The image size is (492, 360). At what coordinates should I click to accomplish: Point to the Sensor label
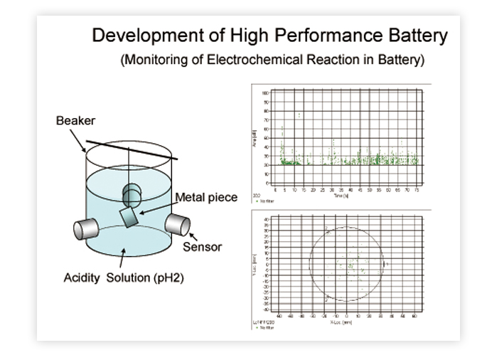(202, 247)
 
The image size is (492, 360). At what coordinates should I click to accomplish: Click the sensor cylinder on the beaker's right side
(177, 224)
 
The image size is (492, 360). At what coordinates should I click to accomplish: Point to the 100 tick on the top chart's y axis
(265, 93)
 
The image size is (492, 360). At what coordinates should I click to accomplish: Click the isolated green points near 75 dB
(299, 114)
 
